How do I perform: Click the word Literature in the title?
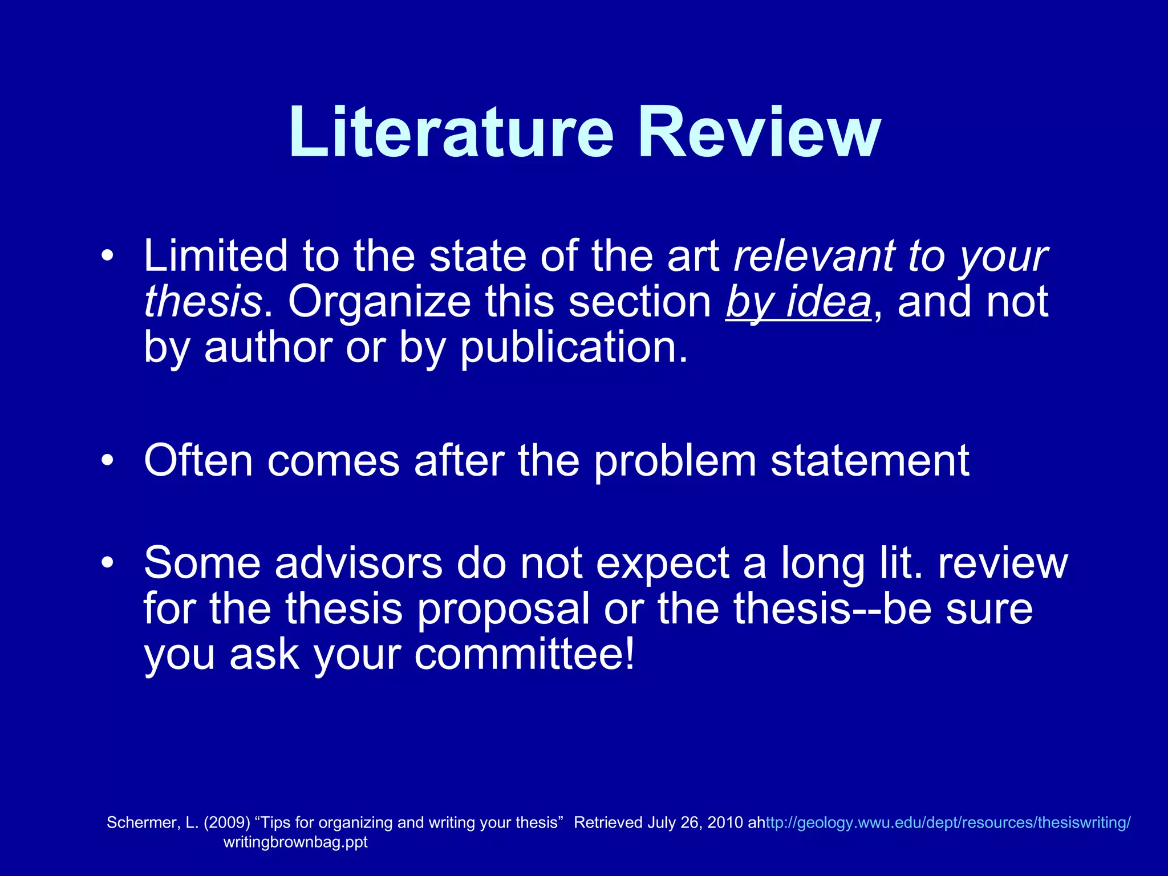[x=451, y=132]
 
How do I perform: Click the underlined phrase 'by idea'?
[x=798, y=302]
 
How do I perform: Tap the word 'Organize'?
[x=379, y=302]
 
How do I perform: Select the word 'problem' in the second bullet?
[x=675, y=460]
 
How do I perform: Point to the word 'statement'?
[x=870, y=460]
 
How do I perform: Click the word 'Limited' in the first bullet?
[x=216, y=256]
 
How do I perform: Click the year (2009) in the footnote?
[x=227, y=822]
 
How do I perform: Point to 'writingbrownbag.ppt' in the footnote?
[x=295, y=842]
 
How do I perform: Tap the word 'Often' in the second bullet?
[x=198, y=460]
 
